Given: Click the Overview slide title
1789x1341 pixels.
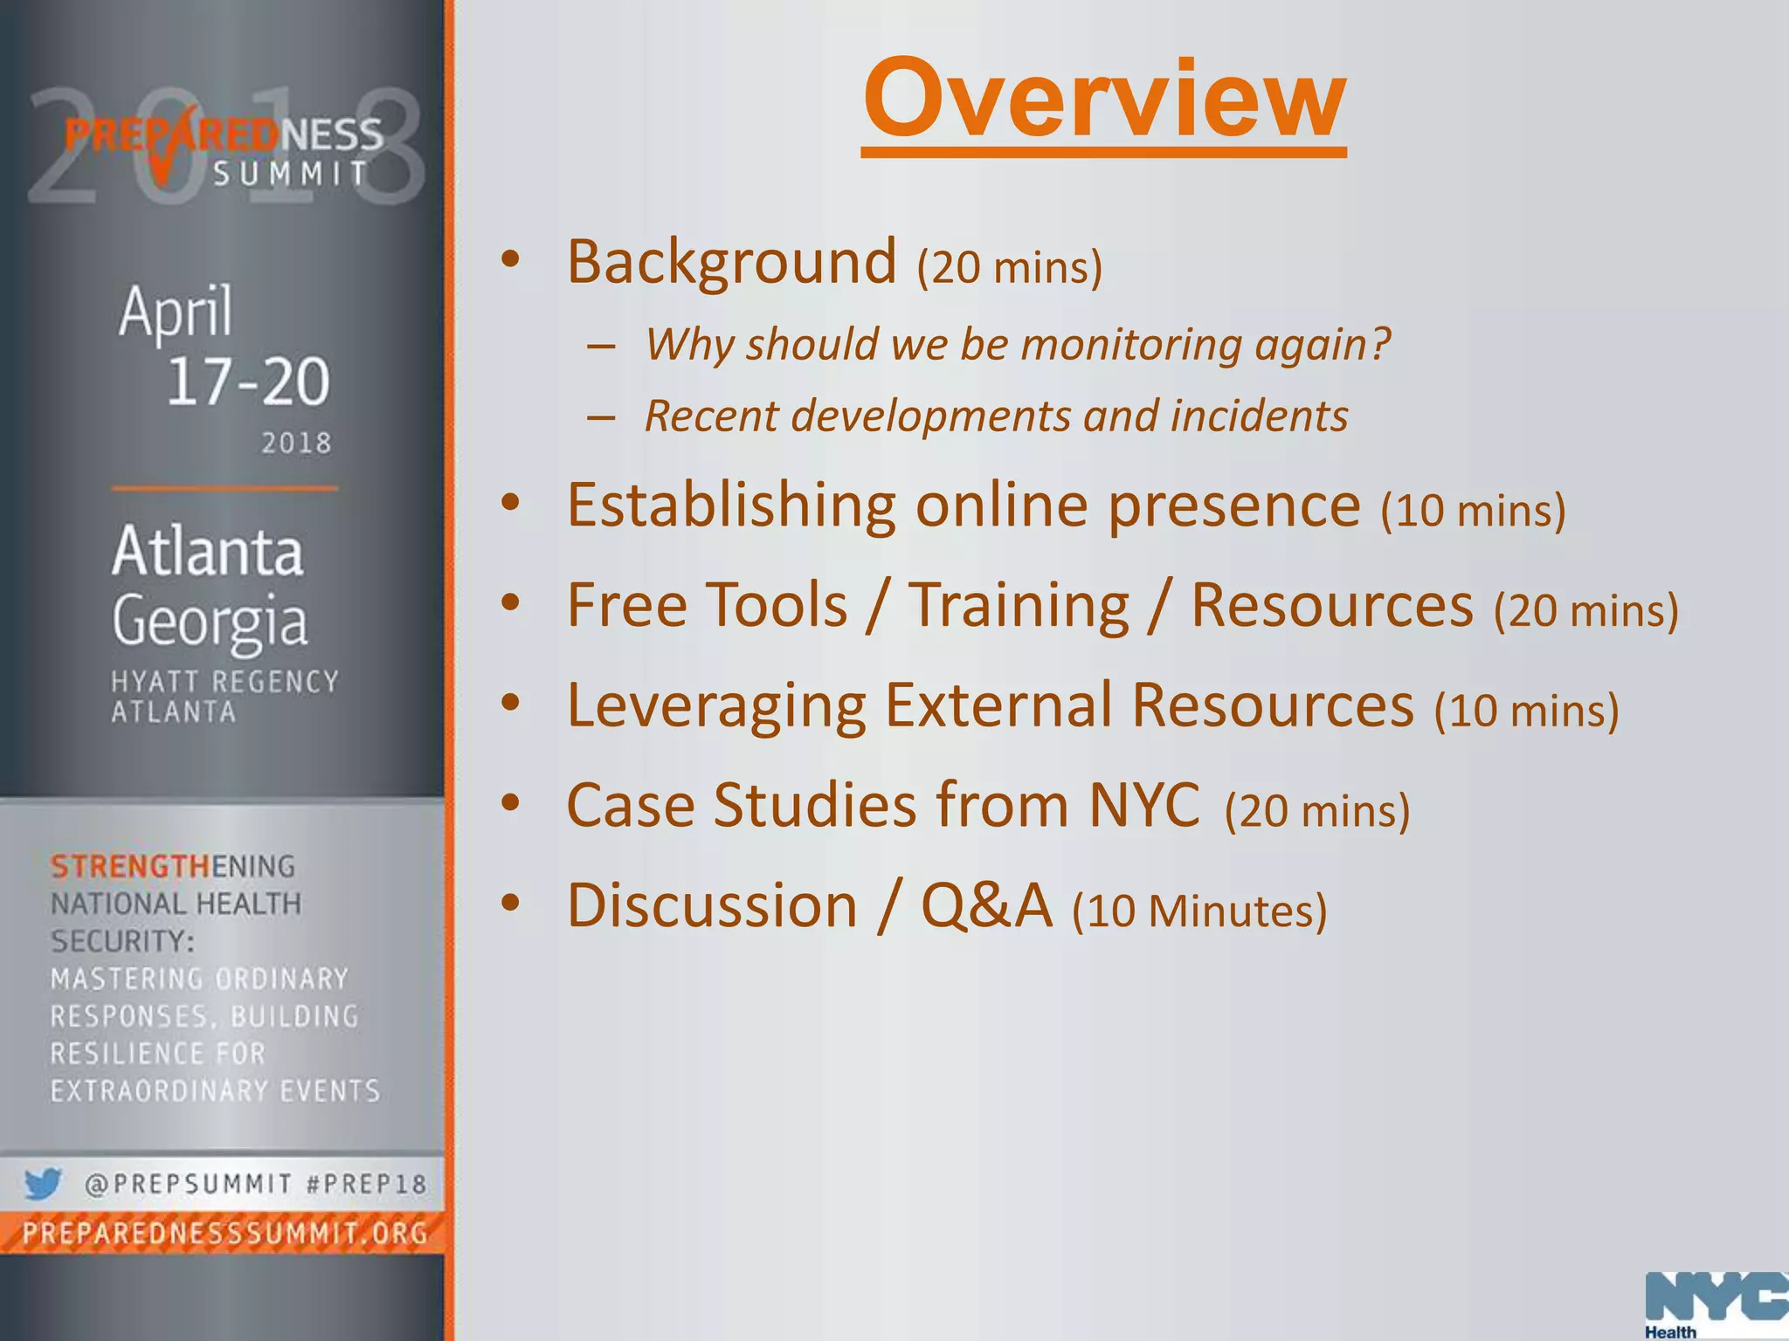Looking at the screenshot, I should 1103,98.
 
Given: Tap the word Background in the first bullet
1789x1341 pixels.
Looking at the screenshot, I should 731,261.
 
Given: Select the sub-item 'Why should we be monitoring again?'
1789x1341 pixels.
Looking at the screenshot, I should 1017,344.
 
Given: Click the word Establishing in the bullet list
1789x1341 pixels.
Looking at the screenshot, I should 731,505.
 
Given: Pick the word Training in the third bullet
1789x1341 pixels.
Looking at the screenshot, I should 1019,605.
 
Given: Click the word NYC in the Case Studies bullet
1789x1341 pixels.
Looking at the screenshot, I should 1144,805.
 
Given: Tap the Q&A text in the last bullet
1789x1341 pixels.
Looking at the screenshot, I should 986,905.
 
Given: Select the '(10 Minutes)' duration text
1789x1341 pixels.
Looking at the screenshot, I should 1199,911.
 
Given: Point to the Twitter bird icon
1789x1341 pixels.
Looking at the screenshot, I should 42,1184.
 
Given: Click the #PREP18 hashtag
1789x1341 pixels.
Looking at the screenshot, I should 367,1185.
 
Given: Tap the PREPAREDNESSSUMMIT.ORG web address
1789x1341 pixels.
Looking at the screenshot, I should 225,1234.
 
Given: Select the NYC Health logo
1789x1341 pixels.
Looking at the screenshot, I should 1716,1304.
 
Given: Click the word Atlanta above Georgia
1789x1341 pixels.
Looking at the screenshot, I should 208,551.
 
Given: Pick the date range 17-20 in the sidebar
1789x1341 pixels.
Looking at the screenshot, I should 248,382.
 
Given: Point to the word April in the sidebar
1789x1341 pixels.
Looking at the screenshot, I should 176,312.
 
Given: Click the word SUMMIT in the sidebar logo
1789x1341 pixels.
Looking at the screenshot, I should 292,174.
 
